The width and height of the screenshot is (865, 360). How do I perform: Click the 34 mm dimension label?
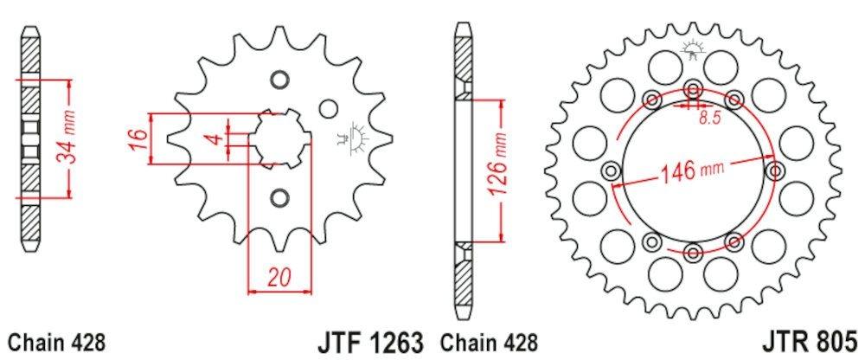click(x=74, y=138)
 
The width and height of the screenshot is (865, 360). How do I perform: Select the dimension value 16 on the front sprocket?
click(x=137, y=138)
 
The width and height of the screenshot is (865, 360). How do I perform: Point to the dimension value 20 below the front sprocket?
click(x=277, y=278)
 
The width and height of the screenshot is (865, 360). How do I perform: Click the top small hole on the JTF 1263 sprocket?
click(x=278, y=80)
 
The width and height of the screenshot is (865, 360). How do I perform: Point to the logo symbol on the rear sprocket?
click(x=692, y=50)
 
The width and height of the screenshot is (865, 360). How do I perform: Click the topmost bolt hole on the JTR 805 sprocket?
click(x=693, y=87)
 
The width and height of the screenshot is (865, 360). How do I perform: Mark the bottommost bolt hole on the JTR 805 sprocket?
click(x=693, y=252)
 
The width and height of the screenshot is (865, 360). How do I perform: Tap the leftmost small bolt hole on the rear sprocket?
click(x=611, y=170)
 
